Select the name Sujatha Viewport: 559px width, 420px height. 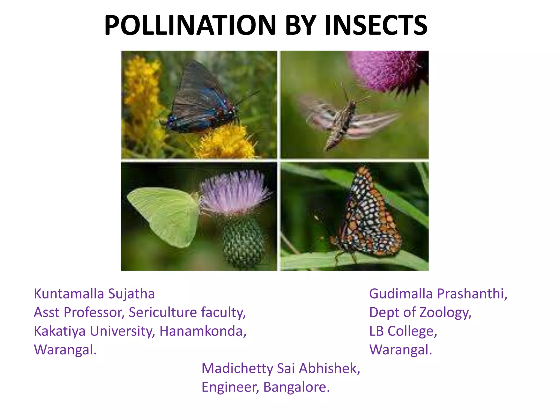[x=131, y=294]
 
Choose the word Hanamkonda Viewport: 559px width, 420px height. [x=203, y=331]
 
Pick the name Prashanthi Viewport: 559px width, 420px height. [x=472, y=294]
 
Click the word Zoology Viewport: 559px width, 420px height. [x=445, y=313]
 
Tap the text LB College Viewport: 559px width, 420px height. [x=403, y=331]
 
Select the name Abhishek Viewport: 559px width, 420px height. [x=329, y=368]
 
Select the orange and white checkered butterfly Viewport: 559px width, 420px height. [x=366, y=216]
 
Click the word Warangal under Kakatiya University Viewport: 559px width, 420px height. [x=65, y=350]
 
